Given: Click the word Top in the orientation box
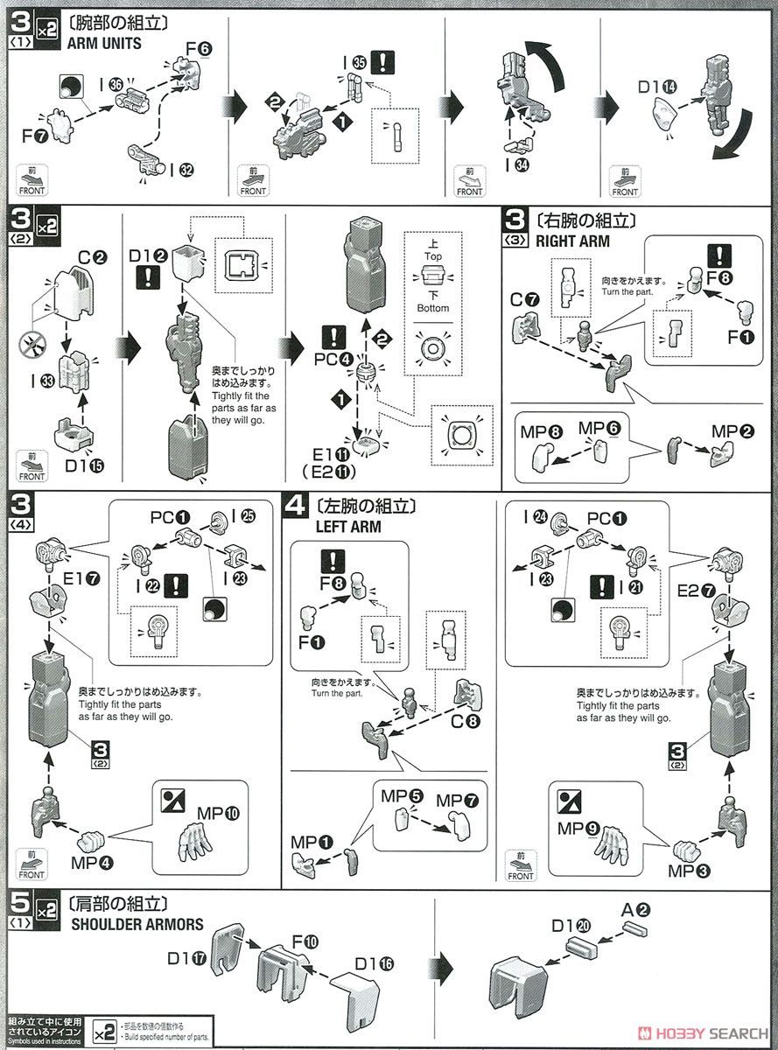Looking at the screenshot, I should (433, 256).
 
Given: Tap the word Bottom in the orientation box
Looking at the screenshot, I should (433, 308).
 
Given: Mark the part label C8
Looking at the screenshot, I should (466, 722).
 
